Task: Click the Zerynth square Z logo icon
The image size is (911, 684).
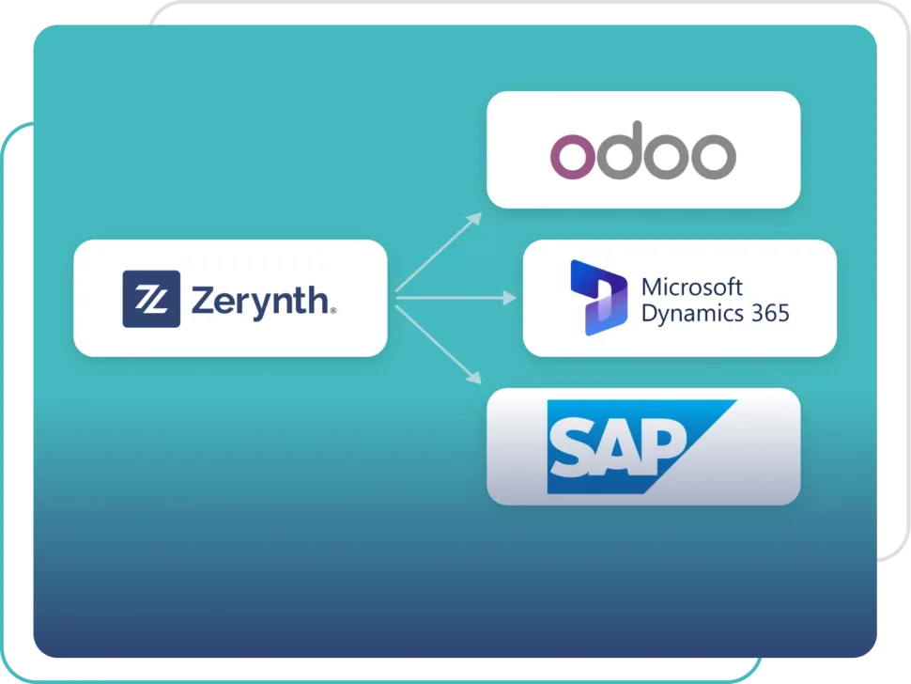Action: pos(151,299)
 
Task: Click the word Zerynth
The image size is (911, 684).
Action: pos(260,302)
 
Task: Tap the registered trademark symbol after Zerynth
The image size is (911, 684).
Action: pos(332,311)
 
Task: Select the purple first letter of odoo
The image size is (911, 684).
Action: pos(573,156)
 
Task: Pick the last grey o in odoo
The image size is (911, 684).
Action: pos(714,156)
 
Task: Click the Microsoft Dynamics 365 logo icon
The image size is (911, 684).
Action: pos(599,298)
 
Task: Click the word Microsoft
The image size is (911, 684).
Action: pos(691,288)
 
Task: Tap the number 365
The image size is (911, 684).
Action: pos(770,313)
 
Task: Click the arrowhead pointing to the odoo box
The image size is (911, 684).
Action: pos(474,219)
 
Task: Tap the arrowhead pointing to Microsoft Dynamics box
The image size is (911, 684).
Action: pos(510,298)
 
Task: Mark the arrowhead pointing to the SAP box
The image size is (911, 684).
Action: pos(474,377)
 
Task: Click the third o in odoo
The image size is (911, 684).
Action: pos(667,156)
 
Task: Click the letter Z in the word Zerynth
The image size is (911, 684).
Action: pos(204,301)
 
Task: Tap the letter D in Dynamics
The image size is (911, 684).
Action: pos(650,313)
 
